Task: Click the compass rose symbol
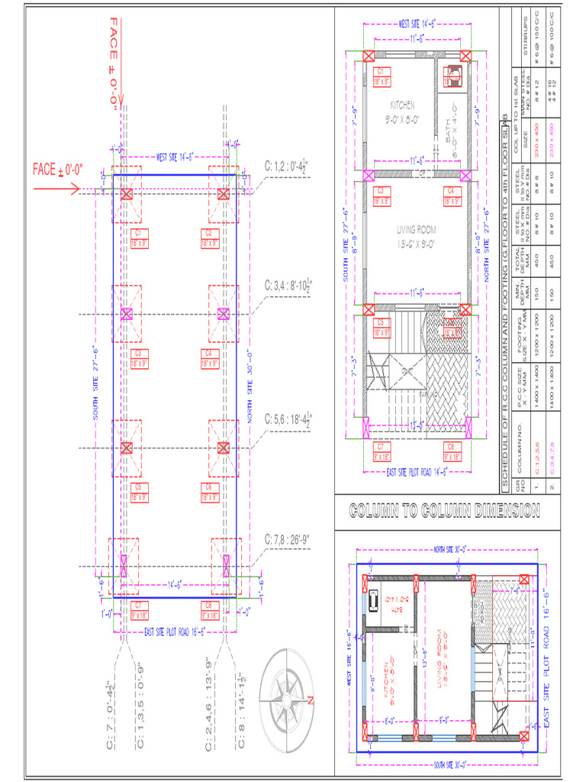[288, 697]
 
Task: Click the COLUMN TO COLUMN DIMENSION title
[444, 511]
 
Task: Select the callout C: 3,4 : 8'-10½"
[288, 285]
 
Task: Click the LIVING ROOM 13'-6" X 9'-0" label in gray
[415, 237]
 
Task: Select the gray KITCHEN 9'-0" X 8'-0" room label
[402, 111]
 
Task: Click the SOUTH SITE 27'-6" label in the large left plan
[95, 382]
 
